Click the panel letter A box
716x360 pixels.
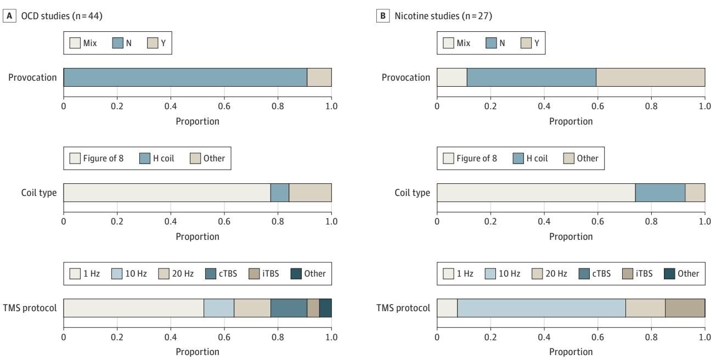(9, 16)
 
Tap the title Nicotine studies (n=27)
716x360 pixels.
(443, 16)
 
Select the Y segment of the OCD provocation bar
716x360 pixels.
(319, 77)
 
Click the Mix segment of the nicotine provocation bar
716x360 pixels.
(452, 77)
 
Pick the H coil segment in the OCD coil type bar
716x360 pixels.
(280, 193)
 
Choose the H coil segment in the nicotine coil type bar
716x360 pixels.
(660, 193)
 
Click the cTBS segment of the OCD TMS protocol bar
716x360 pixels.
(289, 308)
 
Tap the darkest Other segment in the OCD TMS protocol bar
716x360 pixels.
(325, 308)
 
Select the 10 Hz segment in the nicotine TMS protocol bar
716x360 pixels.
(542, 308)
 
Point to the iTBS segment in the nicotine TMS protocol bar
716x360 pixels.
(685, 308)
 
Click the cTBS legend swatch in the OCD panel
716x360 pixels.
(211, 274)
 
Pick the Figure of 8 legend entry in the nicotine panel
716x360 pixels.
(470, 158)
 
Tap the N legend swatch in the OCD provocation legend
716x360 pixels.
(117, 43)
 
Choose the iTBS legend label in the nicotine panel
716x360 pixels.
(644, 274)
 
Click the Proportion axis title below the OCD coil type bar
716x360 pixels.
(198, 237)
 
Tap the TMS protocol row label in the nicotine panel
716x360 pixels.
(403, 308)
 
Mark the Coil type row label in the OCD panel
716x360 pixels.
(38, 193)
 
